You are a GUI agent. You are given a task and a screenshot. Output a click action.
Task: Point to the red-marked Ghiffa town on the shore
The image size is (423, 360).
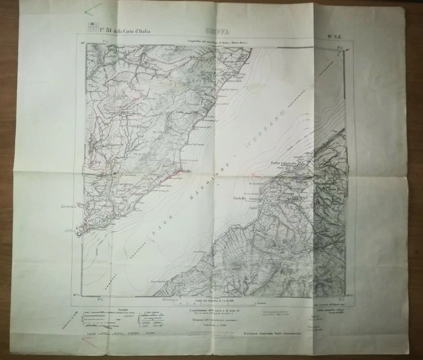point(186,171)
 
